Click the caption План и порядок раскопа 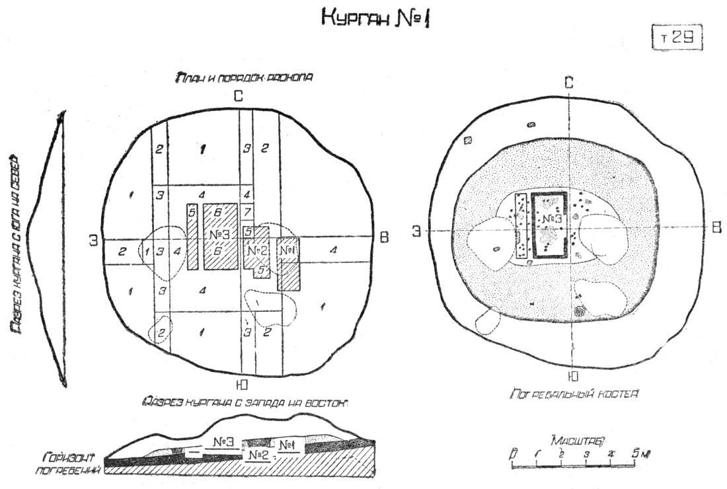coord(244,77)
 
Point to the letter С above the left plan coord(239,96)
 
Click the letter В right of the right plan coord(716,227)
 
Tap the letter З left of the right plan coord(417,231)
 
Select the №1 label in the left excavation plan coord(287,251)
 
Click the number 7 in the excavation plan coord(247,213)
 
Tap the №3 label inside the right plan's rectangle coord(551,219)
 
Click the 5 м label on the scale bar coord(640,453)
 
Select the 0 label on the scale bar coord(514,454)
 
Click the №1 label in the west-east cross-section coord(287,445)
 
